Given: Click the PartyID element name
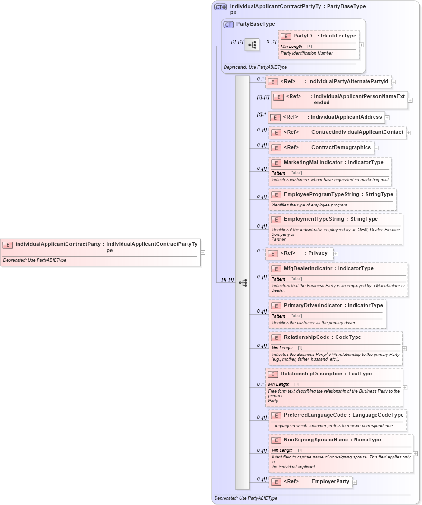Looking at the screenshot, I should pos(302,36).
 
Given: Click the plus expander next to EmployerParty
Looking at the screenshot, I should pos(355,482).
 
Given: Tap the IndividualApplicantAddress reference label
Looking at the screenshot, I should pos(346,117).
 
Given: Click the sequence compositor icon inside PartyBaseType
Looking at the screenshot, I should pos(252,45).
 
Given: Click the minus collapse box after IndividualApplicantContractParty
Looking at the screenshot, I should pos(203,252).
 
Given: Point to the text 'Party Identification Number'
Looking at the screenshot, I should pos(307,53).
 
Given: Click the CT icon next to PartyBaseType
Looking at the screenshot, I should pos(228,24).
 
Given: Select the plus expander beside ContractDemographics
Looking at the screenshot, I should pos(376,148).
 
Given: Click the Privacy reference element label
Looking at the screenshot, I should pos(318,253).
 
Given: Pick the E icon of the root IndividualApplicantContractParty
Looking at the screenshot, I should pos(8,245).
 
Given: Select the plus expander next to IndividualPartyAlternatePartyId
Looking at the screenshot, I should pos(394,82).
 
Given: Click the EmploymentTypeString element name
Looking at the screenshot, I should pos(314,219).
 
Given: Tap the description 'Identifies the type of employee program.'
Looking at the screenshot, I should pos(309,205).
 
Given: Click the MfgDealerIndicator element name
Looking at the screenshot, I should pos(309,268).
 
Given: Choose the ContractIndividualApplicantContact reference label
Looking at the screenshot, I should pos(357,132).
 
